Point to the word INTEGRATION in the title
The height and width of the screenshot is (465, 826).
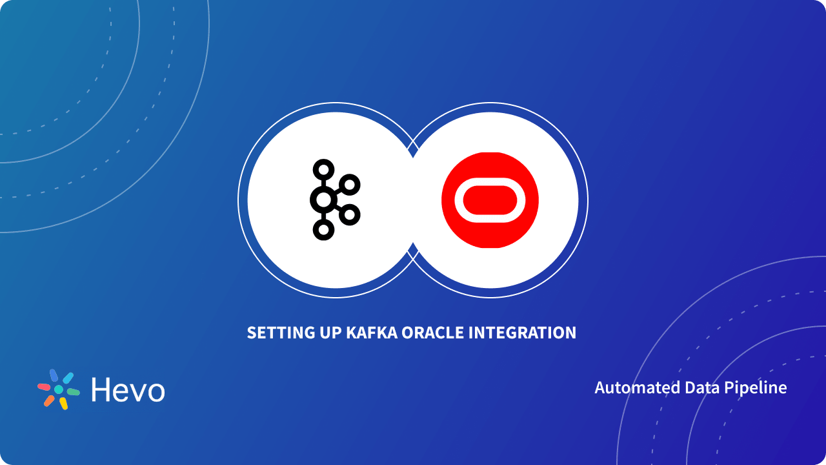tap(522, 333)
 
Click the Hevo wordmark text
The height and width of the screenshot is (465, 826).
tap(128, 390)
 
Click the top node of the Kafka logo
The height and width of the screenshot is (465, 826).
tap(323, 170)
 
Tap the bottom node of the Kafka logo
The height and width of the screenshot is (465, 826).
tap(323, 229)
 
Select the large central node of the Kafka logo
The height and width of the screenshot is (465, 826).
tap(323, 200)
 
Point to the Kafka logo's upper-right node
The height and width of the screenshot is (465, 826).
tap(349, 185)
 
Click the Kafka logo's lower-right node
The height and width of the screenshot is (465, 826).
tap(349, 214)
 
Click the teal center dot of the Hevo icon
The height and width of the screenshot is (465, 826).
tap(59, 389)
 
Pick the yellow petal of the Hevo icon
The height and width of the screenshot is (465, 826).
tap(63, 404)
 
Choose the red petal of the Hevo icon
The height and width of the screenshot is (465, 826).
tap(44, 387)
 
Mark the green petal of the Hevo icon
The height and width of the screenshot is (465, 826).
tap(73, 392)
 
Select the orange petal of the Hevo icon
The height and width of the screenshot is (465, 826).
tap(49, 400)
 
